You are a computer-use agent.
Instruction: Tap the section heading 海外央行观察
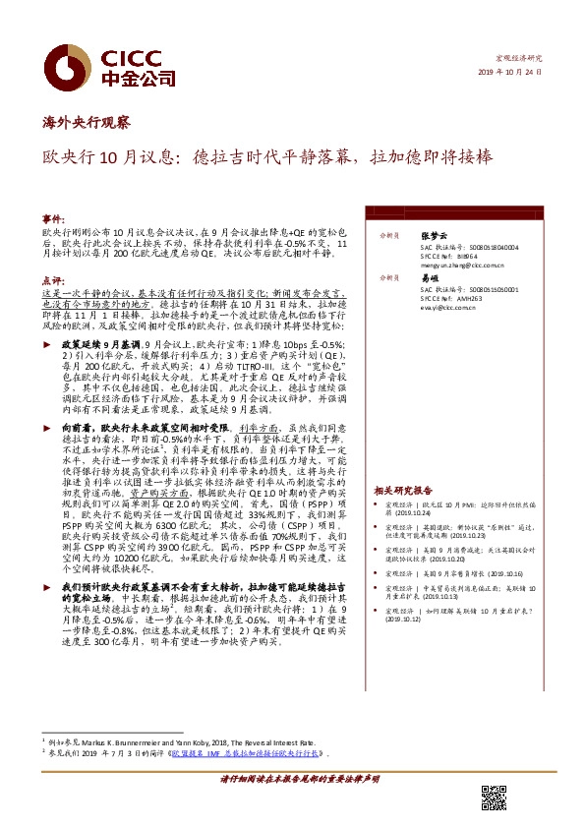click(85, 124)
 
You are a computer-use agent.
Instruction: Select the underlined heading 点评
click(52, 280)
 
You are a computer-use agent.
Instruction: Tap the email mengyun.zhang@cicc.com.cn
click(462, 265)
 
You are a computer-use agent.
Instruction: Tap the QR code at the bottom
click(493, 797)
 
